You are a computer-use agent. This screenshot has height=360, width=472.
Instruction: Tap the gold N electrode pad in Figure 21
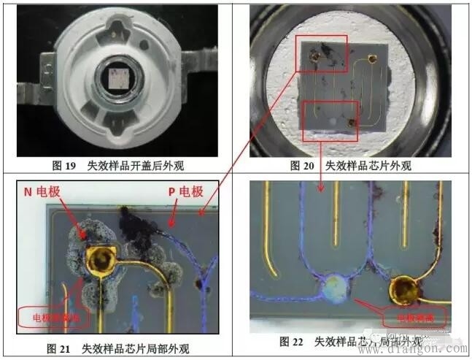click(99, 258)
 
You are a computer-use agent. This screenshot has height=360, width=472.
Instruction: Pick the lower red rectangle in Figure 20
click(329, 120)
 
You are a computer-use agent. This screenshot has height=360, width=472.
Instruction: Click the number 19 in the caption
click(70, 165)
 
